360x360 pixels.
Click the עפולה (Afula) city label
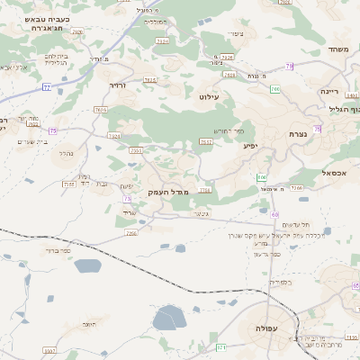pyautogui.click(x=266, y=328)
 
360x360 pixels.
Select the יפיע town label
pyautogui.click(x=252, y=144)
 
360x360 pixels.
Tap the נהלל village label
pyautogui.click(x=66, y=154)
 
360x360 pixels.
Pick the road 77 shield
pyautogui.click(x=45, y=87)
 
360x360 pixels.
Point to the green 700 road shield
pyautogui.click(x=274, y=89)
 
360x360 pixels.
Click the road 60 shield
pyautogui.click(x=274, y=214)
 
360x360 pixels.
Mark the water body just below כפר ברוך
pyautogui.click(x=87, y=265)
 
